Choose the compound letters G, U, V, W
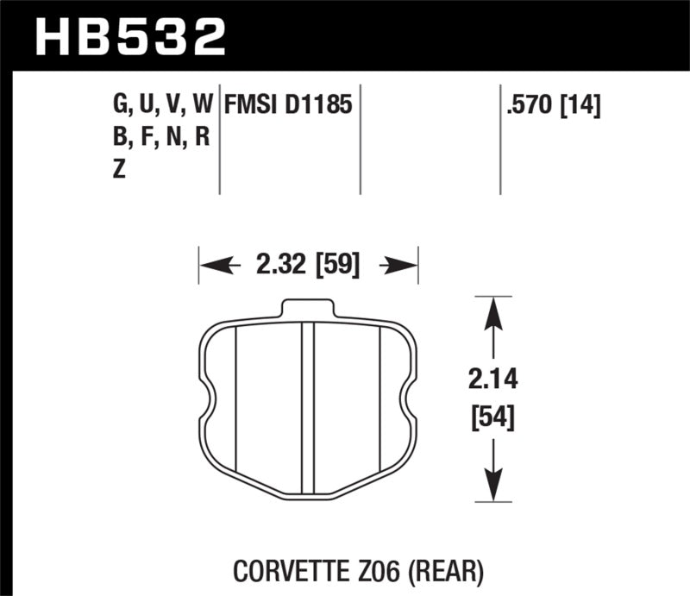[162, 106]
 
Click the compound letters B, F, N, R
[161, 137]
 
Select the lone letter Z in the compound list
[118, 169]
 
